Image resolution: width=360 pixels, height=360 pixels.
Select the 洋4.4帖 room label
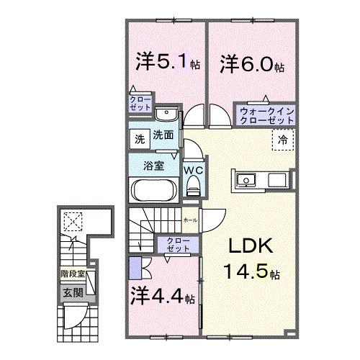163,296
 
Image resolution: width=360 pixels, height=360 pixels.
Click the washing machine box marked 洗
138,135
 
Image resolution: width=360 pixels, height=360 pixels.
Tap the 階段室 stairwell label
72,274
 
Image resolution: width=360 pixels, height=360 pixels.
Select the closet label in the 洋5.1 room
140,102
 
